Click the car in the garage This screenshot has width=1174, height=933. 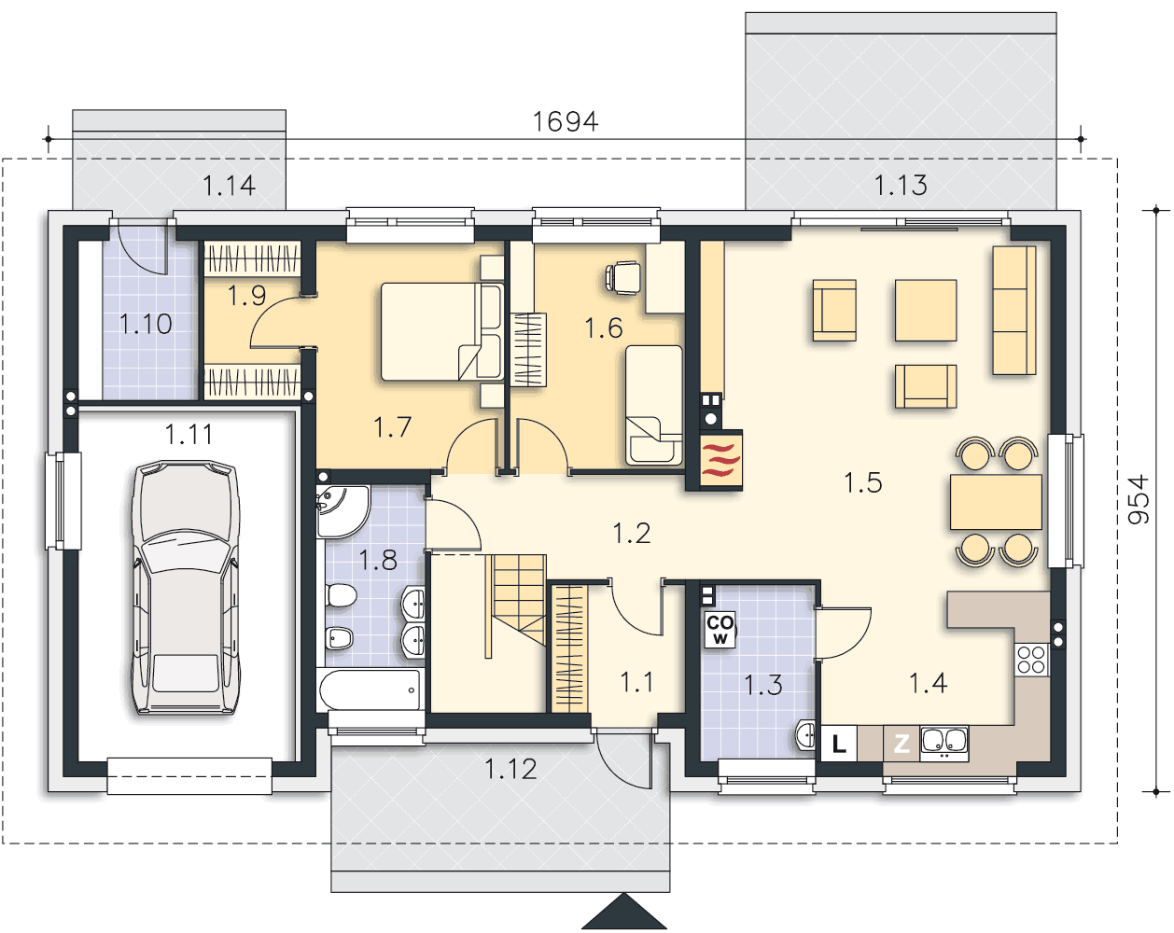pyautogui.click(x=186, y=587)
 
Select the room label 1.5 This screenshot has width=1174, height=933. pyautogui.click(x=862, y=483)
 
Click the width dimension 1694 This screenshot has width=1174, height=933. pyautogui.click(x=566, y=121)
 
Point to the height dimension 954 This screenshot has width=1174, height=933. pyautogui.click(x=1139, y=500)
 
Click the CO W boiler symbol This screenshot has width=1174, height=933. pyautogui.click(x=720, y=630)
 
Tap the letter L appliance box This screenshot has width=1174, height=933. pyautogui.click(x=838, y=743)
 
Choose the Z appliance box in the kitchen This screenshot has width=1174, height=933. pyautogui.click(x=901, y=743)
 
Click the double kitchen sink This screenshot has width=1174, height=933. pyautogui.click(x=944, y=743)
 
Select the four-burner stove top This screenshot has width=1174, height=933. pyautogui.click(x=1031, y=660)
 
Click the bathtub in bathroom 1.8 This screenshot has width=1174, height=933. pyautogui.click(x=370, y=689)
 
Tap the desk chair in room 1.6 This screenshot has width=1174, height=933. pyautogui.click(x=623, y=277)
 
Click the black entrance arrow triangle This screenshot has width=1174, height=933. pyautogui.click(x=624, y=912)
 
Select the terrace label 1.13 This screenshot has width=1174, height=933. pyautogui.click(x=901, y=186)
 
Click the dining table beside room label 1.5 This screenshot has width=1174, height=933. pyautogui.click(x=996, y=502)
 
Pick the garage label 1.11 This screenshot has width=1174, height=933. pyautogui.click(x=189, y=435)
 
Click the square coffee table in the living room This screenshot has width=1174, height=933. pyautogui.click(x=926, y=311)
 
